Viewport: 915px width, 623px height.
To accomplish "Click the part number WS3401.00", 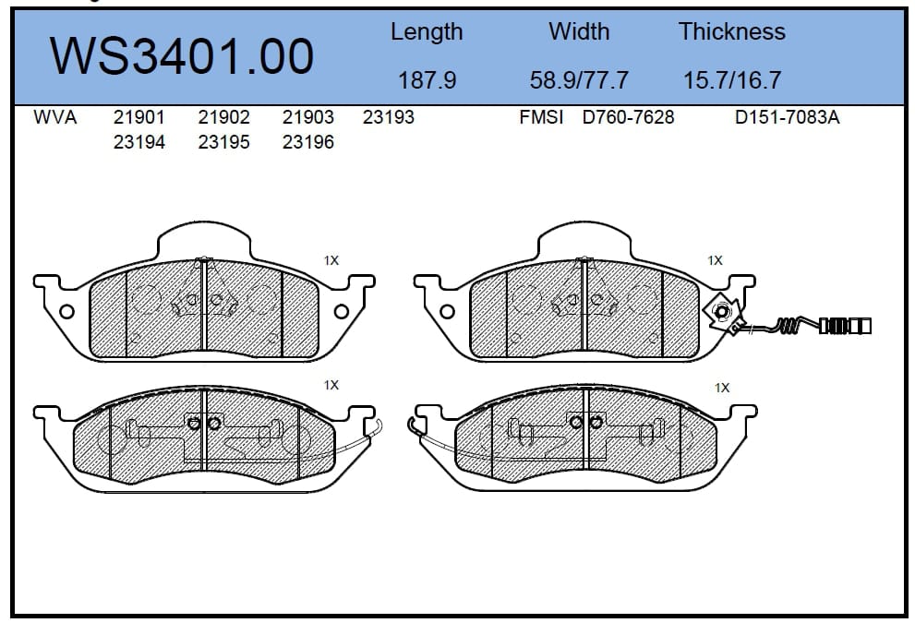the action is point(182,56).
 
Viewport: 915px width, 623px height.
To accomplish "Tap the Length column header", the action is point(427,32).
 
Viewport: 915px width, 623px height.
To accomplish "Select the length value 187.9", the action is point(427,80).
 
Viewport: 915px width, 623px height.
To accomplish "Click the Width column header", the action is point(579,30).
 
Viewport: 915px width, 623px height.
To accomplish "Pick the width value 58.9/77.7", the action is point(579,80).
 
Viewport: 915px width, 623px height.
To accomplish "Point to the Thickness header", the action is point(732,30).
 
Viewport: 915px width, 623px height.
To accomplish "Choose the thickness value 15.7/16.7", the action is point(732,80).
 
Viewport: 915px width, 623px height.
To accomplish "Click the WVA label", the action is point(54,117).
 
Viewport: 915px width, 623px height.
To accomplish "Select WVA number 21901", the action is point(138,117).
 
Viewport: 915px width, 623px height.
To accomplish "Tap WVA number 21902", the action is point(223,117).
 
